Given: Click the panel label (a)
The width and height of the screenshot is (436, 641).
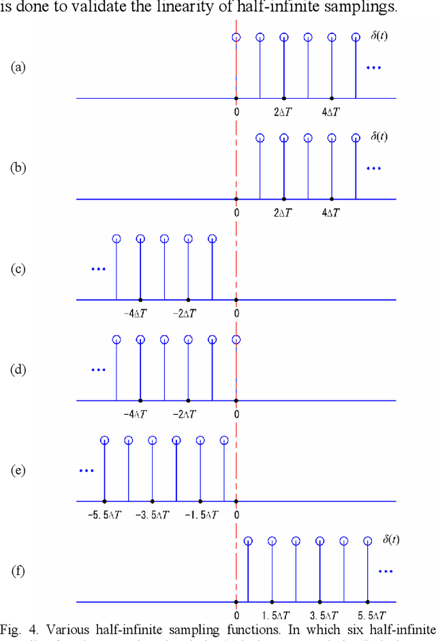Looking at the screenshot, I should (x=18, y=67).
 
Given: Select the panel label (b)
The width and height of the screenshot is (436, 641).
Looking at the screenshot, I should (x=18, y=168).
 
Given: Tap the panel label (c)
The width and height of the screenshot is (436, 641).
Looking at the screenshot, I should (x=18, y=268).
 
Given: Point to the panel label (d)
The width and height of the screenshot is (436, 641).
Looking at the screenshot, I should (x=18, y=369).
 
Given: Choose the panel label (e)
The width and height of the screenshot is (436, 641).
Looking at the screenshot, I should (x=18, y=470).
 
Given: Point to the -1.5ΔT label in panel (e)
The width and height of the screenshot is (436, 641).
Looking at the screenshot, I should (x=201, y=515).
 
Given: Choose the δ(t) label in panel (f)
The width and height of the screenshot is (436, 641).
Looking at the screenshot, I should (x=390, y=540).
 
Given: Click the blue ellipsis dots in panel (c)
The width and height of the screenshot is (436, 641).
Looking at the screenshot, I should (x=99, y=269).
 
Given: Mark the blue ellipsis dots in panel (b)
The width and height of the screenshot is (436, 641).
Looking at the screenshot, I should (x=374, y=168).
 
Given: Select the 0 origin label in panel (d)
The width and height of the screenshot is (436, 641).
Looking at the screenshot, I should (x=236, y=414).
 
